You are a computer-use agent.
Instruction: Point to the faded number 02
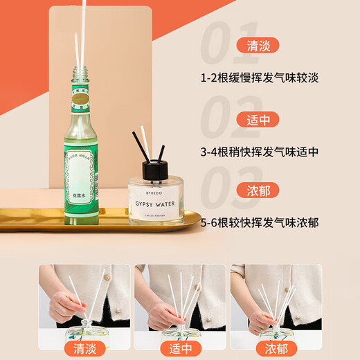(x=228, y=117)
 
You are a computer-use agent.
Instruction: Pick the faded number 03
(x=228, y=188)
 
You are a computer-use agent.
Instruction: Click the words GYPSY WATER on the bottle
(x=156, y=186)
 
